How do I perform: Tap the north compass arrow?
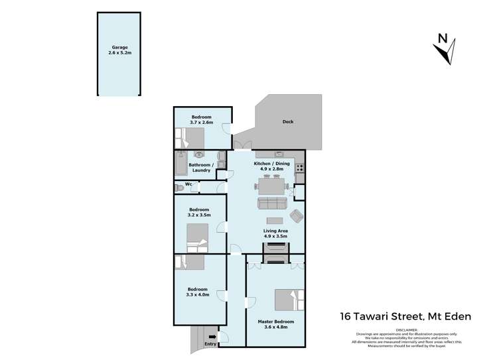click(x=447, y=49)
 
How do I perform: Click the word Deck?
click(x=287, y=122)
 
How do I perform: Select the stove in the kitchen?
click(x=299, y=168)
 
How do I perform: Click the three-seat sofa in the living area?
click(x=272, y=203)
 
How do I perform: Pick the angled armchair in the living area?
click(x=297, y=215)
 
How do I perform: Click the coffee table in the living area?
click(x=274, y=221)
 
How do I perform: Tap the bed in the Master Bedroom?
click(x=289, y=300)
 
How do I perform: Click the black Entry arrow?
click(x=212, y=337)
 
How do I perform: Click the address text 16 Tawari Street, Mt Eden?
click(x=405, y=316)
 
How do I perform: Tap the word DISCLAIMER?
click(x=405, y=329)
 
